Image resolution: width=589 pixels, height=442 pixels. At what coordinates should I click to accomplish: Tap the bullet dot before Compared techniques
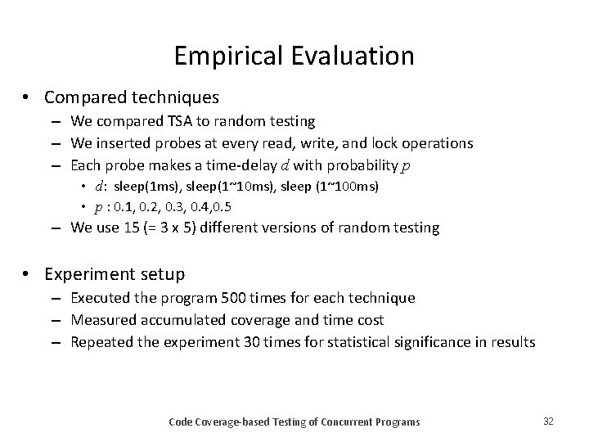(28, 97)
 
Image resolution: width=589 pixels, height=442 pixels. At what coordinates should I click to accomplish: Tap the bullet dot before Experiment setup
(28, 274)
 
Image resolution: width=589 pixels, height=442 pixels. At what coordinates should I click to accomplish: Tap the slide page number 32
(548, 421)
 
